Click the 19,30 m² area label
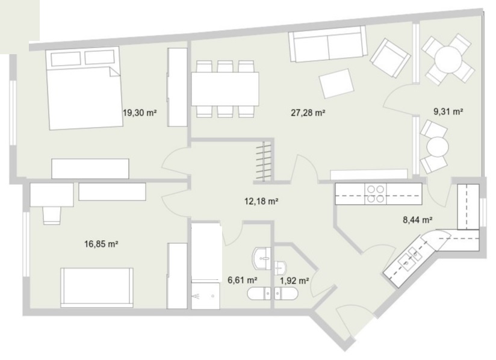pos(140,113)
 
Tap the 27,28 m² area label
pos(308,113)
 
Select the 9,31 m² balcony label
pos(448,111)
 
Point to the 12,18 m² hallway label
pos(261,201)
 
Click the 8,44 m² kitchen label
pos(418,220)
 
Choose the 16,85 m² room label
pos(101,244)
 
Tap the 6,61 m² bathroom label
pos(243,280)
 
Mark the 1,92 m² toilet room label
pos(294,281)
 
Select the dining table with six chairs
pos(225,89)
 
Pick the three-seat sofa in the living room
pos(328,44)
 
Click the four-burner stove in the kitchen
pos(376,194)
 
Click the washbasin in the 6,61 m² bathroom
pos(262,258)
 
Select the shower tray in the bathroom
pos(205,296)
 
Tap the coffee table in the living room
pos(336,83)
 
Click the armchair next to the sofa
pos(391,58)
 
